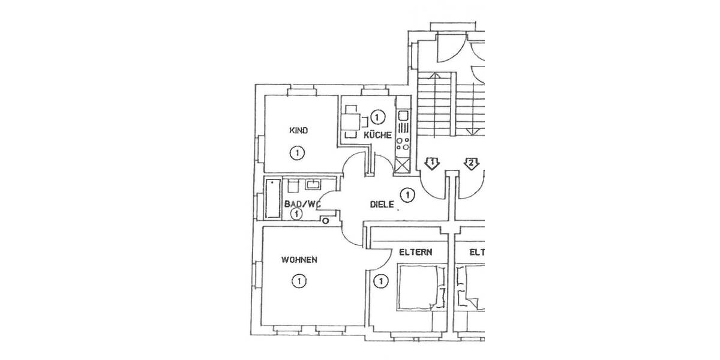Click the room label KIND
(x=299, y=130)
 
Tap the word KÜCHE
(x=378, y=135)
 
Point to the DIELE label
(x=382, y=205)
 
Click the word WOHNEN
(x=299, y=260)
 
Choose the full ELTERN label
(x=416, y=253)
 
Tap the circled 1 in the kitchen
(x=377, y=116)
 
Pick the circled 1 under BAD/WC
(x=295, y=214)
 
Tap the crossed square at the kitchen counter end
(x=401, y=166)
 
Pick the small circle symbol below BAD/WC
(x=326, y=221)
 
